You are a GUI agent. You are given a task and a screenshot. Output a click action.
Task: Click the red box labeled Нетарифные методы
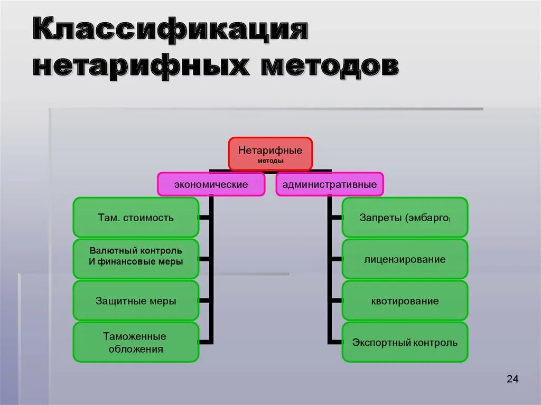(270, 154)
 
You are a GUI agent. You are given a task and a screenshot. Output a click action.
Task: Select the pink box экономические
(211, 185)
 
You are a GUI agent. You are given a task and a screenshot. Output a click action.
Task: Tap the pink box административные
(329, 185)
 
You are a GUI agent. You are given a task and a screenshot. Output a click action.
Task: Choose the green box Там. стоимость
(136, 217)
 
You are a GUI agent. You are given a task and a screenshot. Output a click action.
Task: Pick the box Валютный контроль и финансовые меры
(136, 259)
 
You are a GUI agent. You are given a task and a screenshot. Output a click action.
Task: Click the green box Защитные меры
(136, 300)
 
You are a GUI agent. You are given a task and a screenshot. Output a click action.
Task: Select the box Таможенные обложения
(136, 342)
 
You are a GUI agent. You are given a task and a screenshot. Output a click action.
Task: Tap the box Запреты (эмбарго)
(405, 217)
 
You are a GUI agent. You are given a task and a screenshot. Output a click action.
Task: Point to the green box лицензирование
(405, 259)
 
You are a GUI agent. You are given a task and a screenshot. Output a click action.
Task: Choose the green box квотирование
(405, 300)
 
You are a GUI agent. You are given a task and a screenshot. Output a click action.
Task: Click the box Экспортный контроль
(405, 342)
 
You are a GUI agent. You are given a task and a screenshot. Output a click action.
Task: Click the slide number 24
(512, 379)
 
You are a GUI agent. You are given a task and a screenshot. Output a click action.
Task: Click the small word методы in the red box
(270, 161)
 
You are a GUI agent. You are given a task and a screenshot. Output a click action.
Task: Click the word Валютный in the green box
(109, 250)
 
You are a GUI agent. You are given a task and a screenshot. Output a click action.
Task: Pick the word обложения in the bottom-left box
(136, 349)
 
